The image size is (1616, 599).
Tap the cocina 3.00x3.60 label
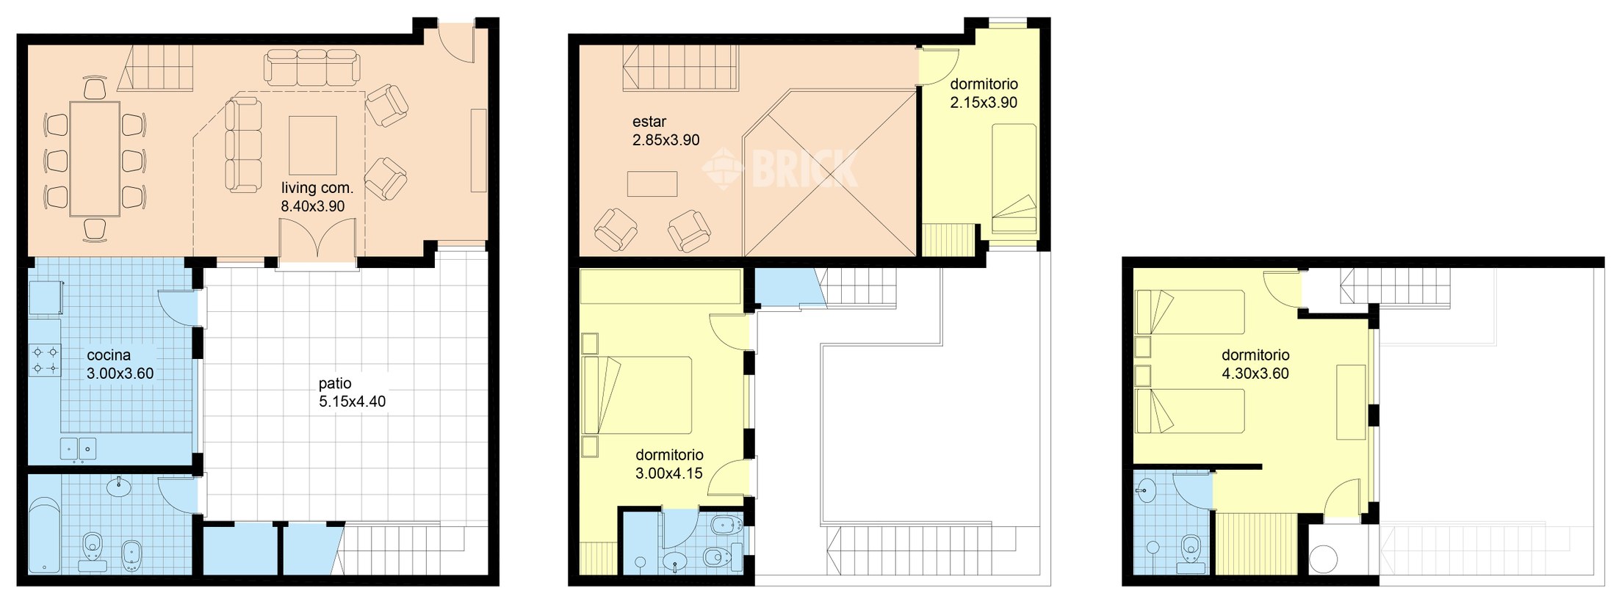(x=120, y=365)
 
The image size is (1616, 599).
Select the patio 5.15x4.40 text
(x=351, y=393)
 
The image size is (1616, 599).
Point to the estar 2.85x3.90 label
(x=665, y=131)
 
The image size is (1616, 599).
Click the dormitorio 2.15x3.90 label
(x=984, y=93)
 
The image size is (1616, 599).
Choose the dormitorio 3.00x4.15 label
(x=668, y=464)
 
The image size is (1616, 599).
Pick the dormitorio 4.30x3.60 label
(x=1255, y=364)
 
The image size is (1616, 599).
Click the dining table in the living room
(x=95, y=159)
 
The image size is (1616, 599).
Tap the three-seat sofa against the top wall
(x=312, y=66)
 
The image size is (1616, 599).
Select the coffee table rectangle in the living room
(x=313, y=145)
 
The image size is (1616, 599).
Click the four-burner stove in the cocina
(x=45, y=360)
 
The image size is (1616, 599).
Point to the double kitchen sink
(x=78, y=448)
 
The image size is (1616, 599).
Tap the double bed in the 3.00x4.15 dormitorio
(x=638, y=394)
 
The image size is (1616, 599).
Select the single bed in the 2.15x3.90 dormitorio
(x=1014, y=180)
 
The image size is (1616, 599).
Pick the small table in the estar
(x=652, y=184)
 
